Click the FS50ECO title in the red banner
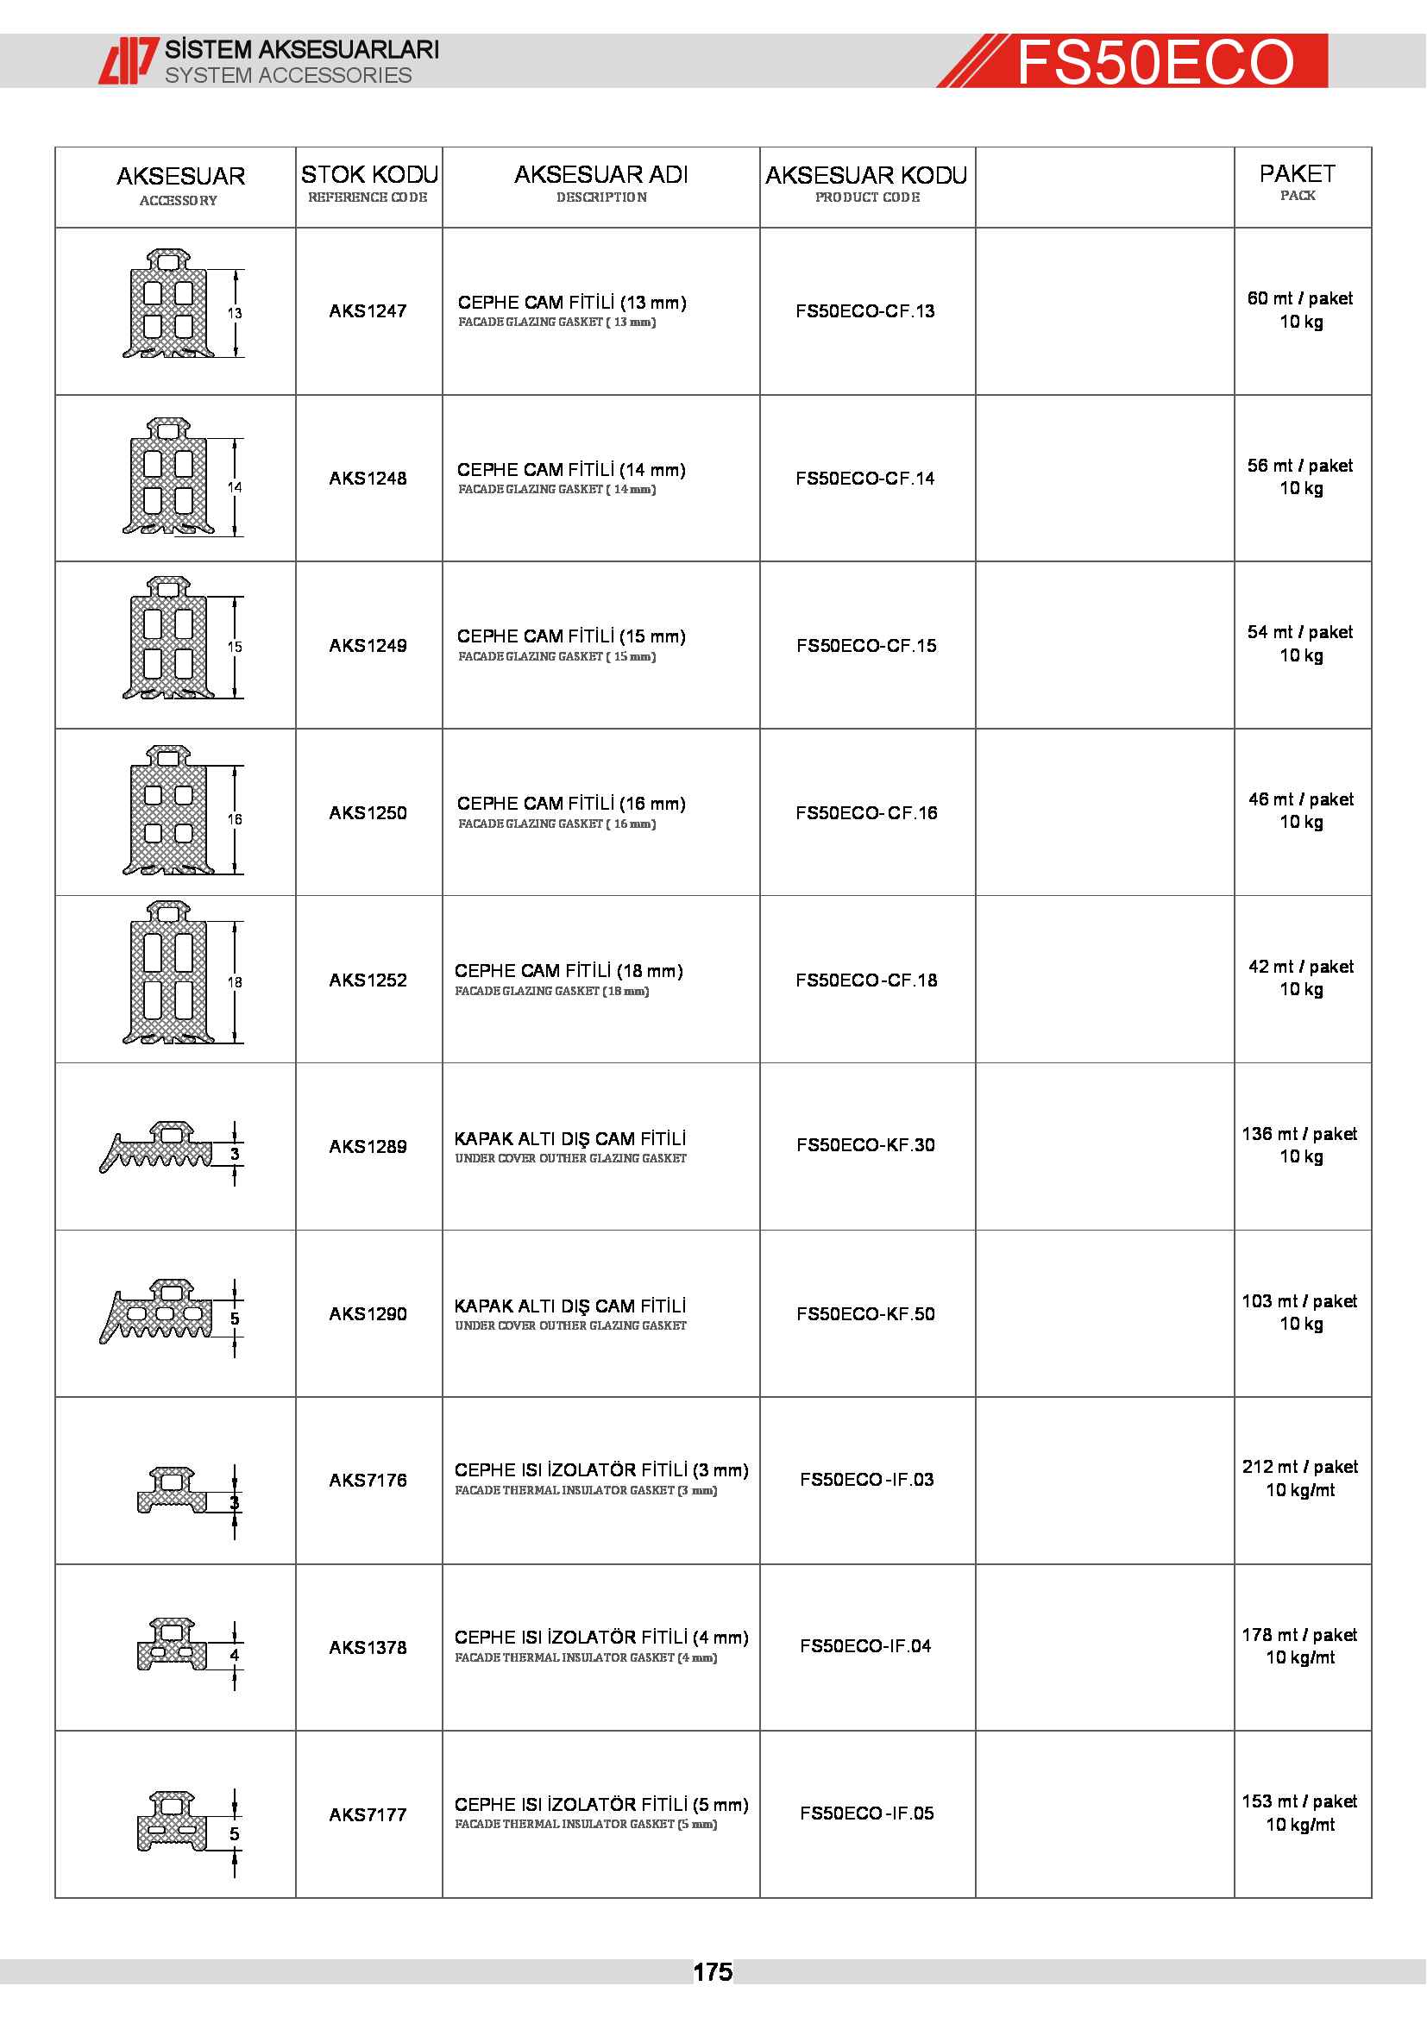[1154, 62]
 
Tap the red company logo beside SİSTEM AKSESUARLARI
[128, 60]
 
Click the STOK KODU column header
[369, 175]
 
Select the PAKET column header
[1297, 174]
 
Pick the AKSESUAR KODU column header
[866, 176]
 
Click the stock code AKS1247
[368, 311]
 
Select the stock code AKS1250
[368, 812]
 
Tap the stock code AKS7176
[368, 1481]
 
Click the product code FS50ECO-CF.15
[866, 646]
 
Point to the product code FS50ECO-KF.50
[865, 1314]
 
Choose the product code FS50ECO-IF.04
[865, 1646]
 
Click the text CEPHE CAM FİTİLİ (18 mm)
[569, 971]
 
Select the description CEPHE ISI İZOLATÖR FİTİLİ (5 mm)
[601, 1804]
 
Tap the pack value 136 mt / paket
[1299, 1134]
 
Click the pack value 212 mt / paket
[1299, 1467]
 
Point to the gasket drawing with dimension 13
[169, 304]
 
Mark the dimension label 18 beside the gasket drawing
[235, 982]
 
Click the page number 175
[713, 1972]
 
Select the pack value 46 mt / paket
[1300, 799]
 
